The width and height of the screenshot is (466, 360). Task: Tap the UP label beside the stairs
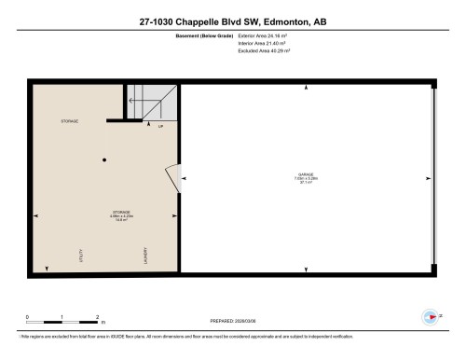pyautogui.click(x=160, y=125)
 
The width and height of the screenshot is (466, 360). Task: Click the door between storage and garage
pyautogui.click(x=173, y=176)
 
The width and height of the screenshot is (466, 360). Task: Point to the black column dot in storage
pyautogui.click(x=104, y=159)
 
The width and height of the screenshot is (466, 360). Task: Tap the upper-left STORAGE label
pyautogui.click(x=68, y=121)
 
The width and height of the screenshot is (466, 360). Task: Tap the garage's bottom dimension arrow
pyautogui.click(x=306, y=270)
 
